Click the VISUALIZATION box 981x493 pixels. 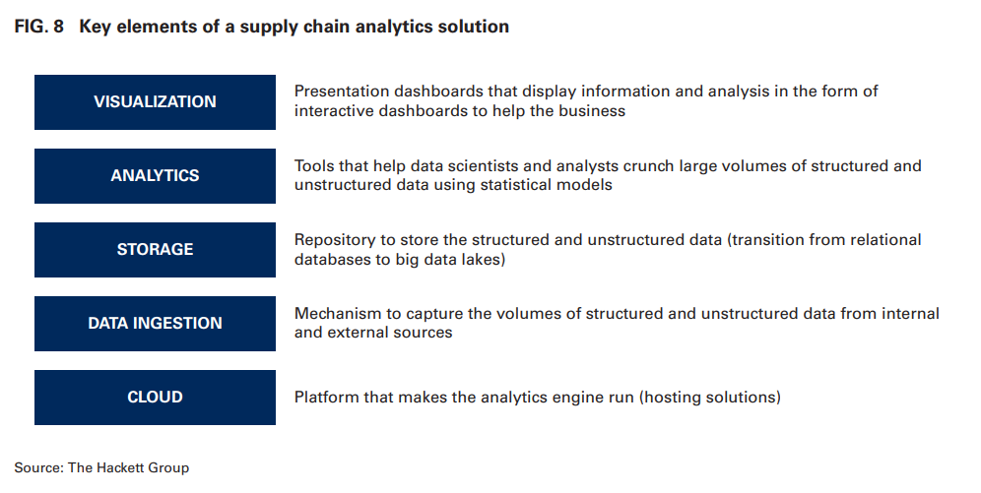coord(156,102)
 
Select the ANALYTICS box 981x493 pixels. coord(156,176)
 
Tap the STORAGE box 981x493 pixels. coord(156,250)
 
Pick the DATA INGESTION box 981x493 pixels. coord(156,324)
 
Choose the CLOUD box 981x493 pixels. coord(156,398)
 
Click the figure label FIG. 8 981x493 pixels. coord(38,27)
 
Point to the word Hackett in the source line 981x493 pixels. coord(120,467)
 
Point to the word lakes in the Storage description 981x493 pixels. coord(483,259)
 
